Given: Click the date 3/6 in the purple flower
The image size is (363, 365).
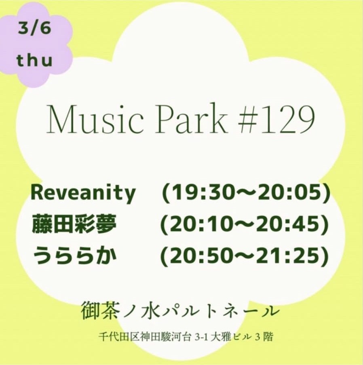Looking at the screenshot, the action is [34, 30].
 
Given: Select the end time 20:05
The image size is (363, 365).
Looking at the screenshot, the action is [289, 193].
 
